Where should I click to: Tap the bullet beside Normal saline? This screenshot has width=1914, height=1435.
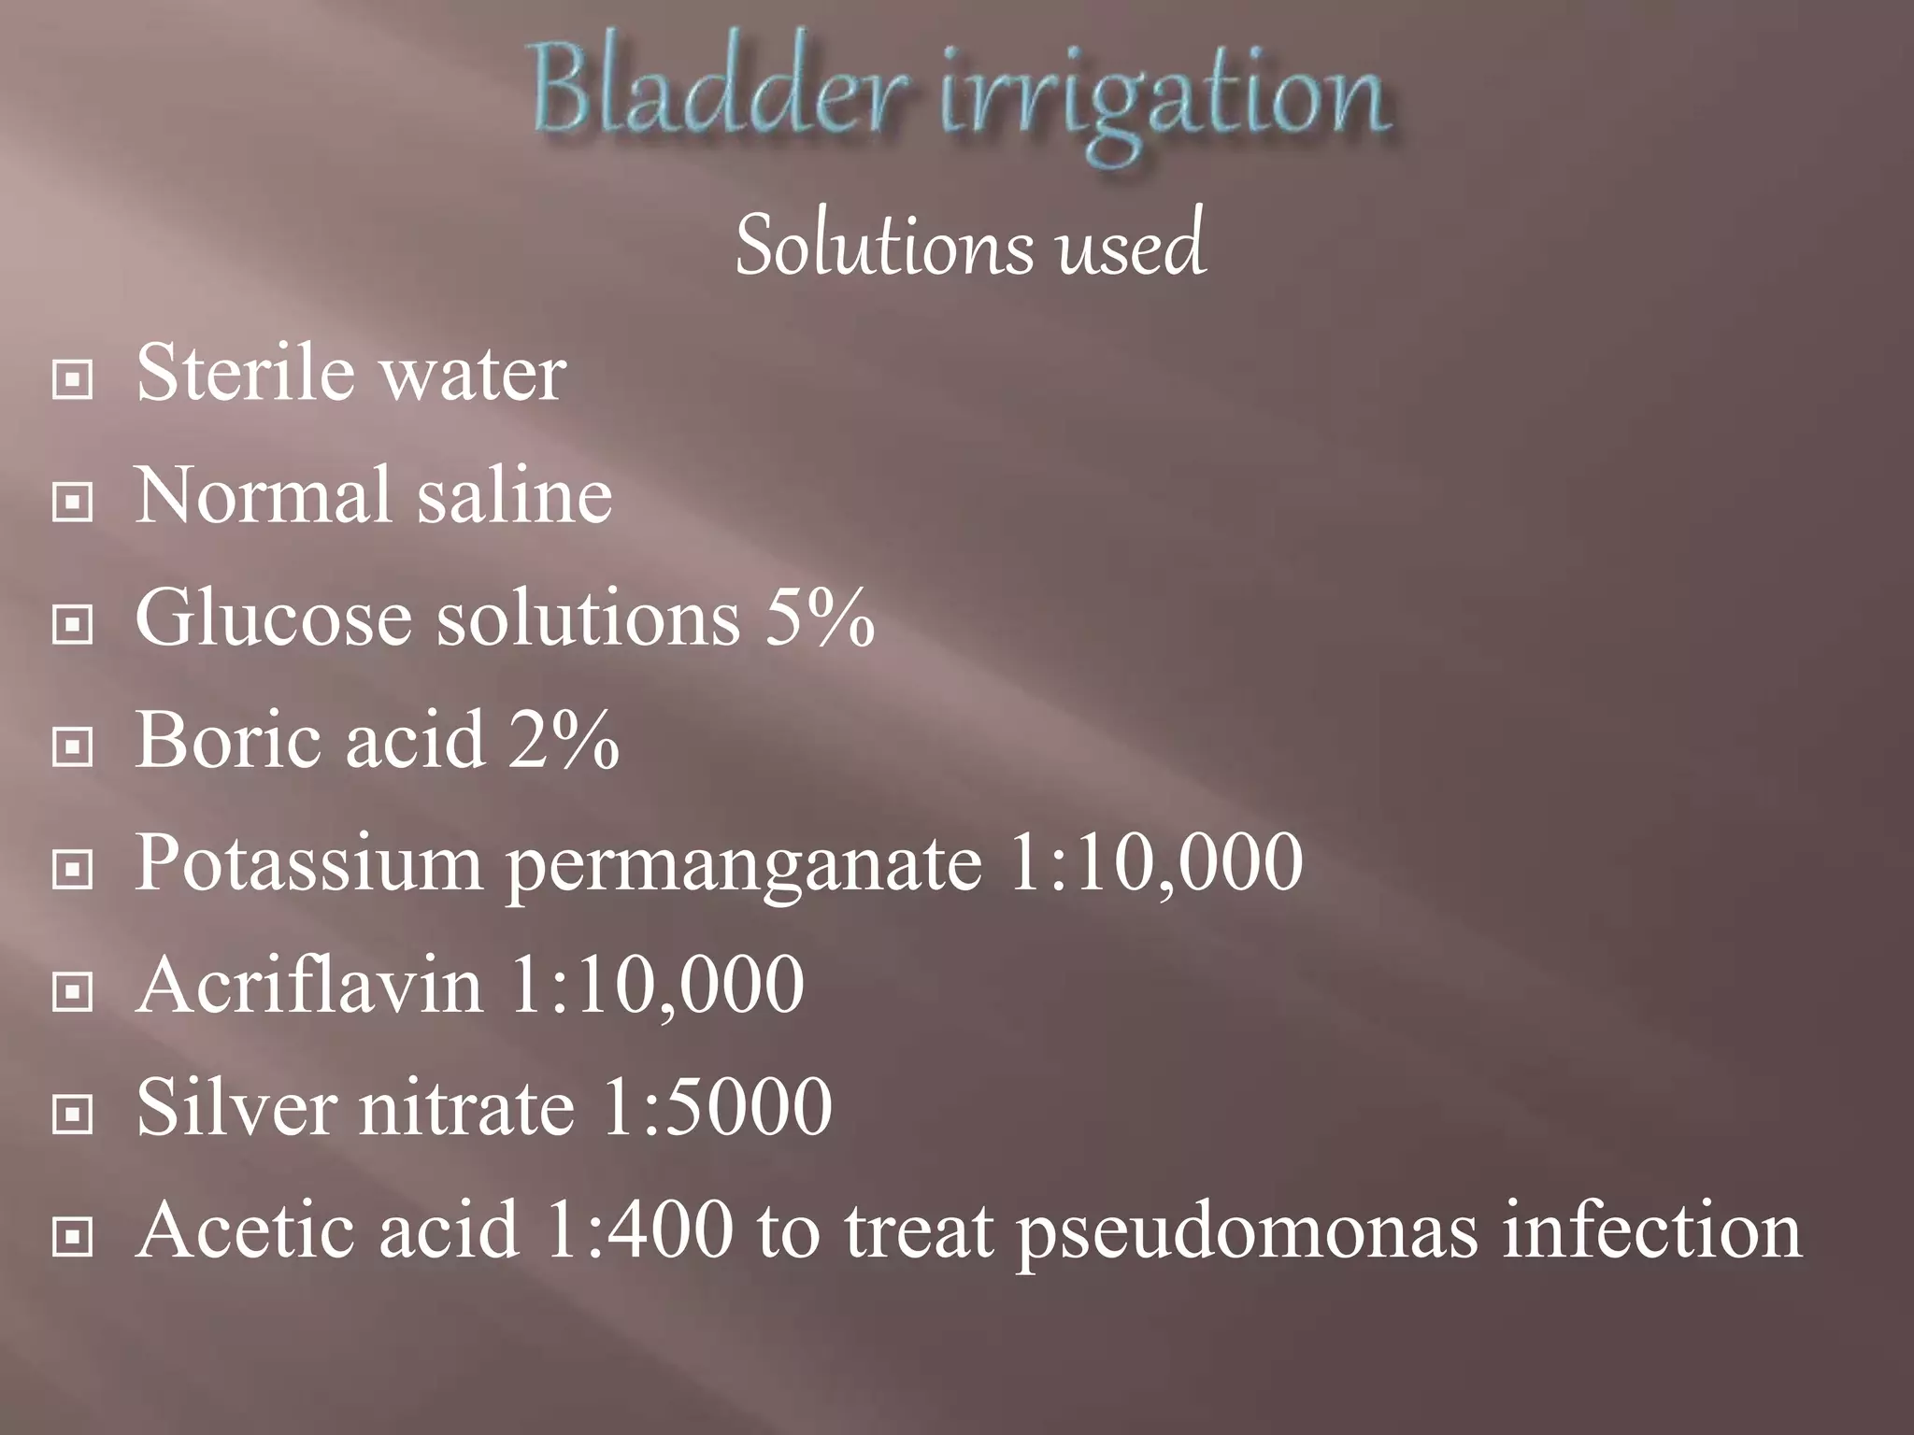click(x=72, y=503)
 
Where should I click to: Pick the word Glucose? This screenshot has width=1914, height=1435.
click(x=274, y=618)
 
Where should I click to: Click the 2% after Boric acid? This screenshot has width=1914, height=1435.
click(x=564, y=740)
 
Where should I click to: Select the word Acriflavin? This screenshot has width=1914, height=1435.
click(x=309, y=985)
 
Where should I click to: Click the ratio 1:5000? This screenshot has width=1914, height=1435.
click(x=717, y=1107)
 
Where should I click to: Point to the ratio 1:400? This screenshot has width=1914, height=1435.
click(x=638, y=1229)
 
